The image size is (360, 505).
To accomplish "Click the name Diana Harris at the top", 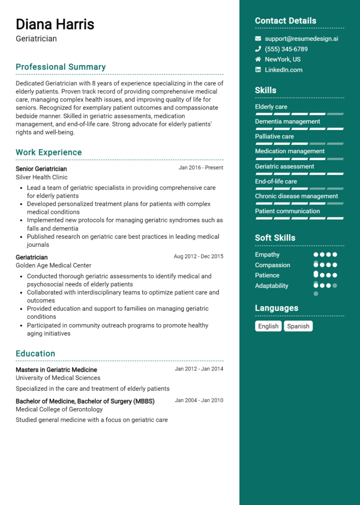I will [x=55, y=24].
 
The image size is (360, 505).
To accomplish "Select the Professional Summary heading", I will [x=60, y=67].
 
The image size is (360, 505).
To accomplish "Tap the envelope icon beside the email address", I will [x=258, y=39].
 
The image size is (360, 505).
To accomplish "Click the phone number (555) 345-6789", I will [x=286, y=49].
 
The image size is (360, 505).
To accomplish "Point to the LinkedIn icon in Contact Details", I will [x=258, y=70].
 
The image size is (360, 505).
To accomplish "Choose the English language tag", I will [x=268, y=326].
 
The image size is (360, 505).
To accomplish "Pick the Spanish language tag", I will [x=298, y=326].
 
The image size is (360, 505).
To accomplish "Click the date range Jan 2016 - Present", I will [x=201, y=168].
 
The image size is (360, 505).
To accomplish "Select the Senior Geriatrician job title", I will [x=41, y=169].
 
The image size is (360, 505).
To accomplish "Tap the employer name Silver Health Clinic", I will [x=42, y=177].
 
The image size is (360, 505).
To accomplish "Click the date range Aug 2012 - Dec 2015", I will [x=198, y=256].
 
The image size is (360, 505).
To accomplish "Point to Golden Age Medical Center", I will [x=53, y=266].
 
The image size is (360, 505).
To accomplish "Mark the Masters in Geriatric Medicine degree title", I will [x=56, y=370].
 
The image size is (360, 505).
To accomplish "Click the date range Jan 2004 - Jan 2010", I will [x=199, y=401].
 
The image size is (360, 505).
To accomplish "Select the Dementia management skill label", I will [x=287, y=121].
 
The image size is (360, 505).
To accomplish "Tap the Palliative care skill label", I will [x=274, y=136].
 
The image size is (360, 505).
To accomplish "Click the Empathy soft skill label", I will [x=267, y=255].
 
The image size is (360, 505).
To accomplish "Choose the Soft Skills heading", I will [x=275, y=238].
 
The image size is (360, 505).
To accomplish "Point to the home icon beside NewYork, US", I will [x=258, y=59].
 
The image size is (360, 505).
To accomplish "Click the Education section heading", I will [x=35, y=354].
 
